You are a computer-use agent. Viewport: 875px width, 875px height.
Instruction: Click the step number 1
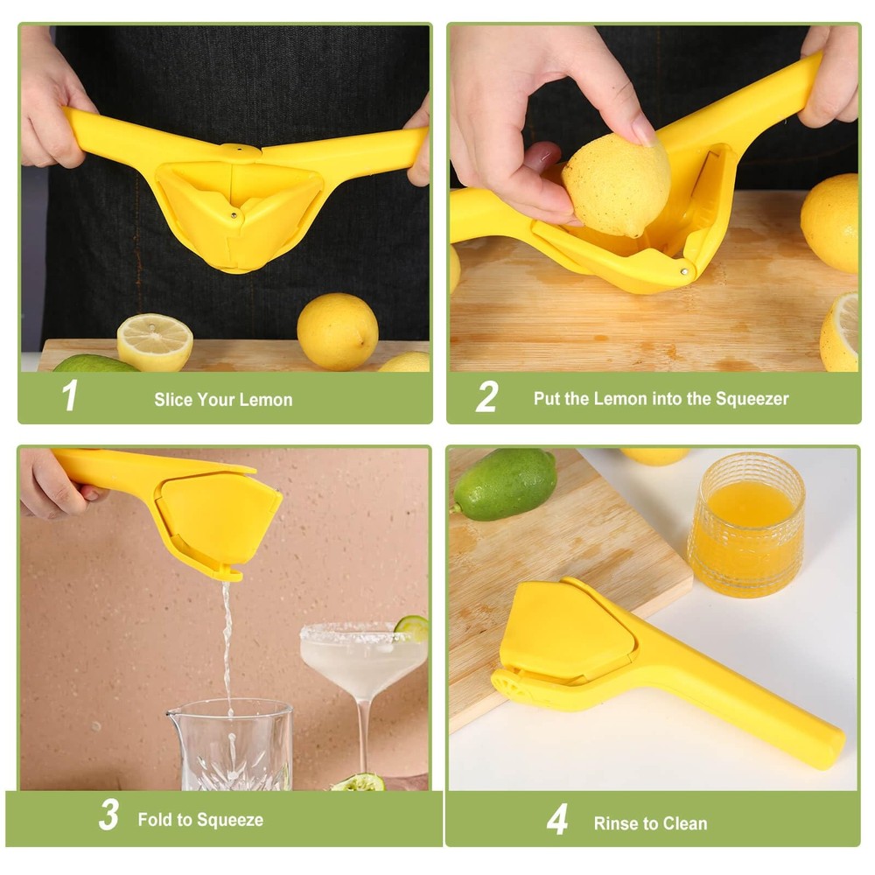[x=70, y=396]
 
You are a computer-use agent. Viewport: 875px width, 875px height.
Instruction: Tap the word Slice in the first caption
[x=173, y=400]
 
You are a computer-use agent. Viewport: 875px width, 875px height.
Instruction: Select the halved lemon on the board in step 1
[x=155, y=342]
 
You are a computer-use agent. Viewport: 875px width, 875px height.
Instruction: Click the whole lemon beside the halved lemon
[x=337, y=332]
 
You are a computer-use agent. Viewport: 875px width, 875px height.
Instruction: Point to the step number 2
[x=486, y=396]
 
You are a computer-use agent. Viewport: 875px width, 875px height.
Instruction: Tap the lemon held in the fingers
[x=615, y=185]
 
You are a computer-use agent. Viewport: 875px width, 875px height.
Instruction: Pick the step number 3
[x=108, y=815]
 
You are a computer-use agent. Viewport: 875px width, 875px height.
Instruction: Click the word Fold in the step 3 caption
[x=156, y=820]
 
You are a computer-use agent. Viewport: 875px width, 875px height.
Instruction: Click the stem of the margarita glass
[x=363, y=735]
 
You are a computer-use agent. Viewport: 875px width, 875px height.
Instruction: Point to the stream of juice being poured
[x=227, y=639]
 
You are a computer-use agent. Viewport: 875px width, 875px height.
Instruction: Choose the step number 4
[x=556, y=820]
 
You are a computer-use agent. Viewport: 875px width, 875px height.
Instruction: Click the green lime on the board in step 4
[x=505, y=484]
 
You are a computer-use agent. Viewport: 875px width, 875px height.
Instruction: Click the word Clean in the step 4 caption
[x=686, y=823]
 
